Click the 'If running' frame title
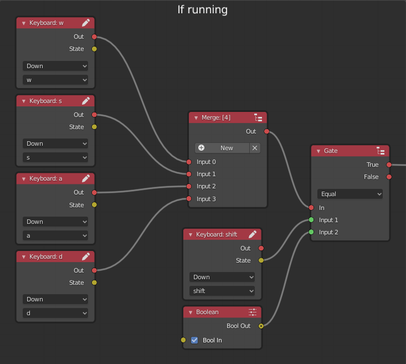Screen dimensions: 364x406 click(202, 9)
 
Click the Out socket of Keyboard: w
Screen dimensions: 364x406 click(94, 37)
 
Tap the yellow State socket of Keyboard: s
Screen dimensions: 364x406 click(94, 127)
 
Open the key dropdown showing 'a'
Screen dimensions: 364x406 click(55, 235)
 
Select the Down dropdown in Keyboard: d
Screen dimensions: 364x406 click(55, 299)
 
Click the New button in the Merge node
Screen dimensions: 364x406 click(222, 148)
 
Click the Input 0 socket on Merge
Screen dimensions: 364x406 click(189, 162)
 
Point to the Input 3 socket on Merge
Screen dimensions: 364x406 click(189, 199)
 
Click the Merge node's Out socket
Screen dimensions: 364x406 click(266, 131)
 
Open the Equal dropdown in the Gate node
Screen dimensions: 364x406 click(350, 194)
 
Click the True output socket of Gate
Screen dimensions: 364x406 click(389, 165)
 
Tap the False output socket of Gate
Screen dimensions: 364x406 click(389, 177)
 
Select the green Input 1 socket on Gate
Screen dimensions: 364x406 click(311, 220)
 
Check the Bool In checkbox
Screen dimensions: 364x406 click(194, 340)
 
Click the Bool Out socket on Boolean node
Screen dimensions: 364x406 click(261, 326)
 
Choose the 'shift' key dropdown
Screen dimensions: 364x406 click(222, 291)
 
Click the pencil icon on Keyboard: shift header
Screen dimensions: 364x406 click(253, 234)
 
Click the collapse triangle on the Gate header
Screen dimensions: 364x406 click(318, 151)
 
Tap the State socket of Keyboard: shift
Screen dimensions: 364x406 click(261, 260)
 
